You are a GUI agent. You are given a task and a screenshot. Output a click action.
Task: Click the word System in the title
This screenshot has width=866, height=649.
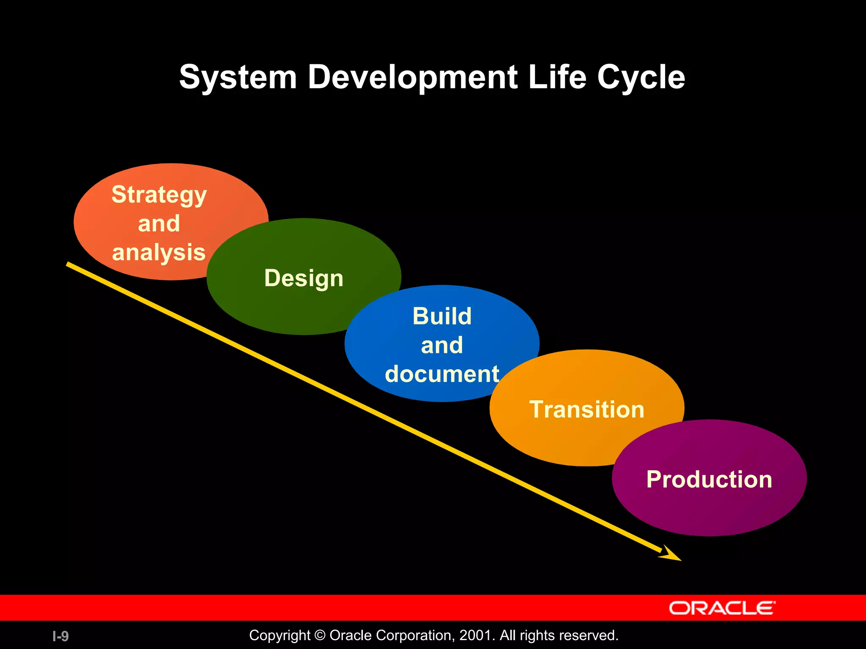238,77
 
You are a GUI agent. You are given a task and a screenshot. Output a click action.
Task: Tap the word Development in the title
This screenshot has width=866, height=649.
412,77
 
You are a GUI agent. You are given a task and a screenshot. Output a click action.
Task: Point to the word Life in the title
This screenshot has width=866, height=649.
557,77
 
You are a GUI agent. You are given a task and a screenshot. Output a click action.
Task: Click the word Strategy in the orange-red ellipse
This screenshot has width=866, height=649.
159,195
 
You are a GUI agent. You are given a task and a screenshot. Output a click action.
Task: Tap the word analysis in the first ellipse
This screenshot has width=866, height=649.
159,252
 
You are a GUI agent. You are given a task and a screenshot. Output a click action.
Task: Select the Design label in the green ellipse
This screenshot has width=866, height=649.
304,278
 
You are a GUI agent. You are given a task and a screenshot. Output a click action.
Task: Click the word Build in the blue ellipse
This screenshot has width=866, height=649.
442,316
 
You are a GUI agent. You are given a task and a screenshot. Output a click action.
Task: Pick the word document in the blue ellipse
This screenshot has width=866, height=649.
442,374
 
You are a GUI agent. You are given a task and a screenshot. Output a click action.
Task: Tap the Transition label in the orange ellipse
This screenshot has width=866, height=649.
586,409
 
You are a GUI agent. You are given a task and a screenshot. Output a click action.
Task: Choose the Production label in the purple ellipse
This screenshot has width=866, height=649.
709,479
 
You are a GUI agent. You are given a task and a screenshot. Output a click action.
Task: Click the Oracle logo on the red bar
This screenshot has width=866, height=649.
722,608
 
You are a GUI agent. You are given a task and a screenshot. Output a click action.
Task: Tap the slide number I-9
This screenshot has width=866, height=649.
60,636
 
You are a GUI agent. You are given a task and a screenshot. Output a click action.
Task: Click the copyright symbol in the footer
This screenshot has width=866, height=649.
320,635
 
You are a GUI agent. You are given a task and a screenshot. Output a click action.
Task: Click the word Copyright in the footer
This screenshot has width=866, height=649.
280,635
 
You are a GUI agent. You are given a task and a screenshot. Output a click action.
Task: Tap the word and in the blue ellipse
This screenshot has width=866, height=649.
442,345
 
